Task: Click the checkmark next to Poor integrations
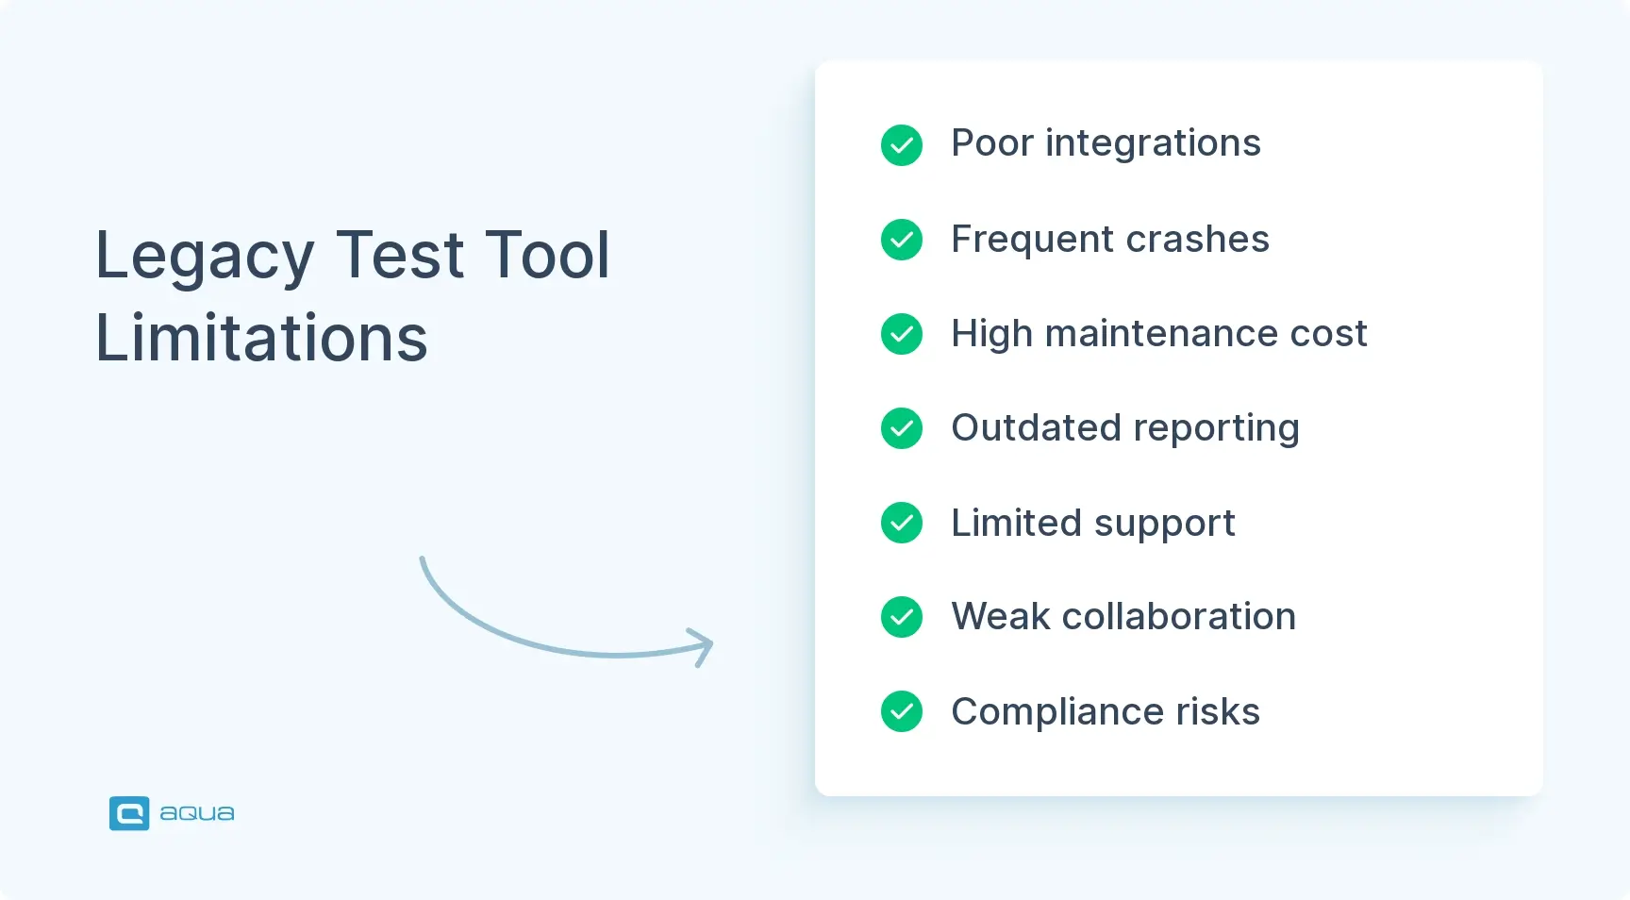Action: tap(902, 145)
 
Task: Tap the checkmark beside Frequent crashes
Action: tap(902, 240)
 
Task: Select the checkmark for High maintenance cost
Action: tap(902, 334)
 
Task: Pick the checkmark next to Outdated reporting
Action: tap(902, 428)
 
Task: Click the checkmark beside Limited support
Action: tap(902, 523)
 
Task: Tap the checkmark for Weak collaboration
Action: tap(902, 617)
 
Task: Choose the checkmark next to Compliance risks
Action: tap(902, 711)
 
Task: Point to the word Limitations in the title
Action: tap(261, 338)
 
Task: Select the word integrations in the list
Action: tap(1153, 143)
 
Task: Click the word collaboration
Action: tap(1178, 617)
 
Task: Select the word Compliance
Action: tap(1057, 712)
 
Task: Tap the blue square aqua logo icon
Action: tap(129, 813)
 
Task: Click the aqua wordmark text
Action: tap(197, 813)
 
